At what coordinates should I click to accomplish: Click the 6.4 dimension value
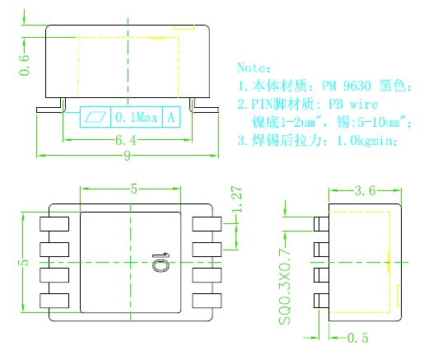[x=126, y=140]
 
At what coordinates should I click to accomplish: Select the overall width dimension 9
[x=127, y=156]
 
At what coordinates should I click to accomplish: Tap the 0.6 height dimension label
[x=24, y=65]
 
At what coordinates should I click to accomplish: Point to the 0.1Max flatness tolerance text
[x=137, y=117]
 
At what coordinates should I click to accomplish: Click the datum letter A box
[x=171, y=117]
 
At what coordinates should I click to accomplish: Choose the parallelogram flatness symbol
[x=96, y=117]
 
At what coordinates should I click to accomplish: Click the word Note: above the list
[x=254, y=68]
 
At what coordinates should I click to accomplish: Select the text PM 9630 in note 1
[x=346, y=86]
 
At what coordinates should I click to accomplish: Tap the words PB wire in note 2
[x=353, y=105]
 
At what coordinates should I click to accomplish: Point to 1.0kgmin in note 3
[x=367, y=141]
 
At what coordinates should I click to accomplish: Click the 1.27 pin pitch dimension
[x=237, y=199]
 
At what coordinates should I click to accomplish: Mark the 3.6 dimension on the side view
[x=365, y=190]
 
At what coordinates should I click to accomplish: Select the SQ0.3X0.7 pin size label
[x=285, y=287]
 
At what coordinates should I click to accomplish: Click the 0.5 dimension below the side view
[x=357, y=338]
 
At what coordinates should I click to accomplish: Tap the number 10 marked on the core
[x=161, y=263]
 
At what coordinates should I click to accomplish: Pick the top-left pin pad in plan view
[x=54, y=224]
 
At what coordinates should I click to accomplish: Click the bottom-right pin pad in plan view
[x=207, y=301]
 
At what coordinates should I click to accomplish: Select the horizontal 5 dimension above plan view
[x=133, y=189]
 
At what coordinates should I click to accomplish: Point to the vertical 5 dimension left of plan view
[x=24, y=262]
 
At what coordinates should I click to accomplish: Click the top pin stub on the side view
[x=321, y=224]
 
